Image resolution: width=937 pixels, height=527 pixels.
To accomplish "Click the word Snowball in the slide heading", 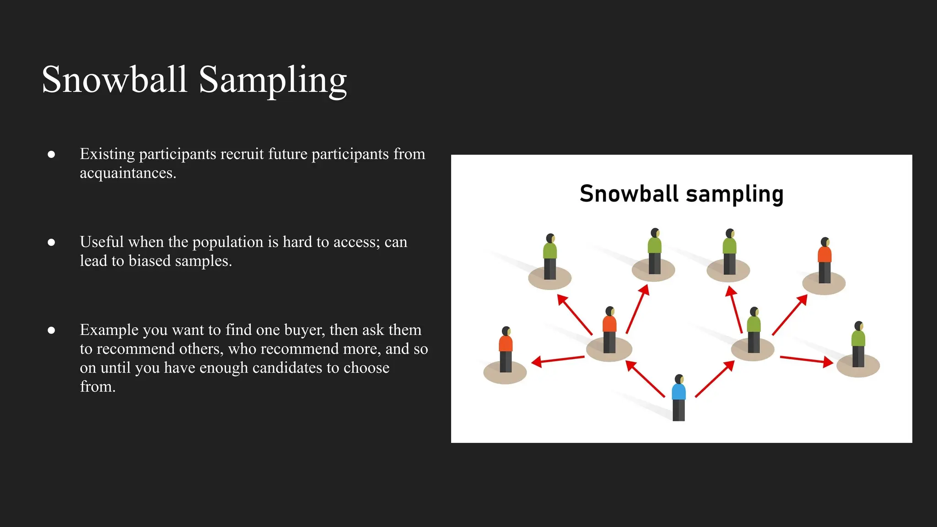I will (114, 80).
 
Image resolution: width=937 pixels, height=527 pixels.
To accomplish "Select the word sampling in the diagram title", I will (735, 194).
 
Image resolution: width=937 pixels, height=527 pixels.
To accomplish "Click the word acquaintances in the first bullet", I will (127, 173).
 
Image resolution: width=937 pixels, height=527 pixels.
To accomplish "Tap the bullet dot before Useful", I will (51, 242).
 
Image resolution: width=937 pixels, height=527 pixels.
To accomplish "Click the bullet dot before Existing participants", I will (51, 154).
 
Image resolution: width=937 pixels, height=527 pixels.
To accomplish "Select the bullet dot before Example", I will (51, 330).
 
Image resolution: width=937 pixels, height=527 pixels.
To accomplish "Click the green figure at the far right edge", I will (858, 344).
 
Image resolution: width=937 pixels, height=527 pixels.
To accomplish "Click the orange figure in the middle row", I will (609, 329).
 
